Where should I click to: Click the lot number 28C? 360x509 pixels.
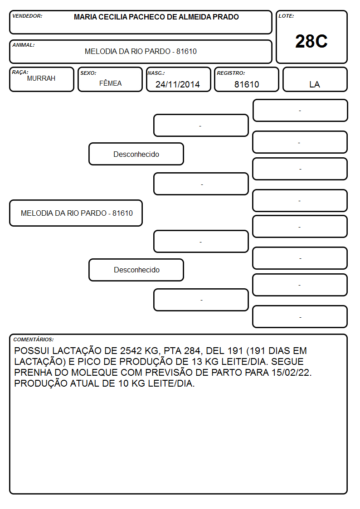(311, 41)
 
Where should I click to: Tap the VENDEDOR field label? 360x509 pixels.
(27, 16)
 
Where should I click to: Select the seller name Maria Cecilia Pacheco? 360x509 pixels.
(156, 17)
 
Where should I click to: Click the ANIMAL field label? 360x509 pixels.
(24, 45)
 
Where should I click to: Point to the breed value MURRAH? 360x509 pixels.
(41, 78)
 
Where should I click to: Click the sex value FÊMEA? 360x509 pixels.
(110, 83)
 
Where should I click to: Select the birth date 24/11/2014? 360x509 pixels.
(178, 84)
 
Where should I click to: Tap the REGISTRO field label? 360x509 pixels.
(231, 73)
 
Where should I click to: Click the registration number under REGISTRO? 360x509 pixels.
(247, 84)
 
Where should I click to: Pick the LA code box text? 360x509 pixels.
(315, 84)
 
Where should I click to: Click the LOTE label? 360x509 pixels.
(286, 16)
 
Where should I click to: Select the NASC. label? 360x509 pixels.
(156, 73)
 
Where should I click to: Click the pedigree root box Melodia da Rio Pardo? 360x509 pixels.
(76, 213)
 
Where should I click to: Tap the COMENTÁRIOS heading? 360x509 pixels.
(34, 339)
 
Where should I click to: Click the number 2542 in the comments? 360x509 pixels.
(131, 350)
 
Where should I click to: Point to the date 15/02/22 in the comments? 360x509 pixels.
(292, 372)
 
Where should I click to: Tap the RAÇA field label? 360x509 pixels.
(20, 72)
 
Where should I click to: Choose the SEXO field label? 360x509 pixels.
(88, 73)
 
